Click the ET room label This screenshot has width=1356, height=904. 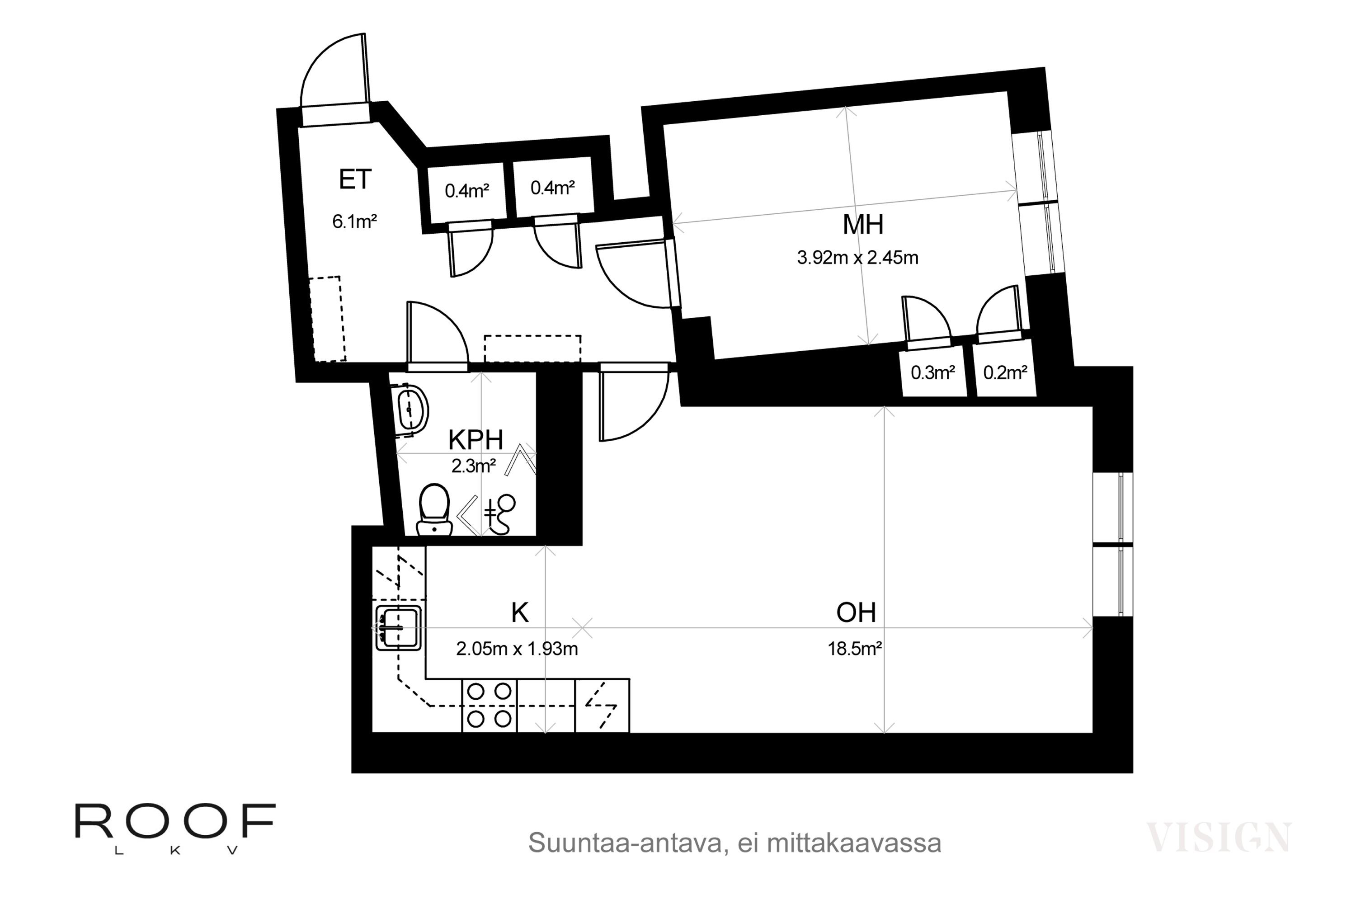coord(355,179)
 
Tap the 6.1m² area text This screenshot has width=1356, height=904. coord(354,221)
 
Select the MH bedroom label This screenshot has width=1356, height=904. coord(863,224)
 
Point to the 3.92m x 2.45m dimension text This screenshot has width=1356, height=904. coord(857,257)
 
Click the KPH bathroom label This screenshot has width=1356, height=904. coord(476,440)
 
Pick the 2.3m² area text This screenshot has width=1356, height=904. coord(473,466)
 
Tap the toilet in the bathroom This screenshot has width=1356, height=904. coord(434,510)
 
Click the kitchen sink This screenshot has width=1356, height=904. coord(398,628)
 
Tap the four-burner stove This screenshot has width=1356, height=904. coord(489,705)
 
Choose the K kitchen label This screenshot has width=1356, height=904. coord(520,613)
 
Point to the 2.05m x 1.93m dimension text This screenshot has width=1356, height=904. coord(517,649)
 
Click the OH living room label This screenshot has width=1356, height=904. coord(856,613)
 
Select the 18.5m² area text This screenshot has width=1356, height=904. coord(855,649)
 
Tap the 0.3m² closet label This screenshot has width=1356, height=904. coord(933,373)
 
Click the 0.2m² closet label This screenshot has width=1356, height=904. coord(1005,373)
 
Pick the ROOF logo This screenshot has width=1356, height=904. coord(175,829)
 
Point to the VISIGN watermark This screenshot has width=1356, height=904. coord(1218,838)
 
